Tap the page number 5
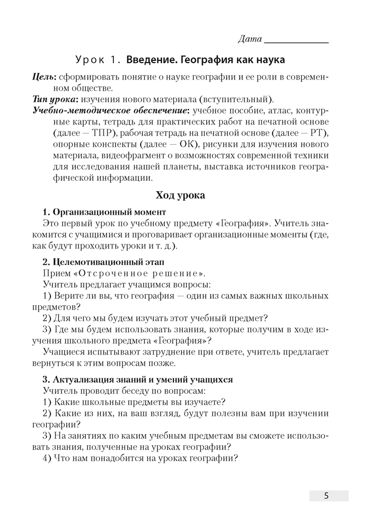click(x=326, y=496)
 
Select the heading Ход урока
click(x=180, y=196)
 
